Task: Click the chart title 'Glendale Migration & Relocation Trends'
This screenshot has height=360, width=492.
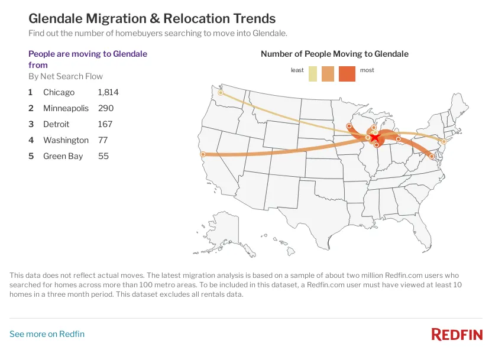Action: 152,19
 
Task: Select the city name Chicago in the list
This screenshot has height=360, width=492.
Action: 59,92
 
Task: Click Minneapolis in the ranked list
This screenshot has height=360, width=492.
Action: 66,108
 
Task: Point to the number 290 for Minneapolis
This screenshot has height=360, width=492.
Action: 105,108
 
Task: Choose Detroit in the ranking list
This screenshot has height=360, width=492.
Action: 56,124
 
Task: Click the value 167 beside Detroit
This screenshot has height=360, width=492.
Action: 105,124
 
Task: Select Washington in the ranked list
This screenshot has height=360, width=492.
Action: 66,140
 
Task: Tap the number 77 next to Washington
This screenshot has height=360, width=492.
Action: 102,140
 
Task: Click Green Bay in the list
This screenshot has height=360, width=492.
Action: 63,156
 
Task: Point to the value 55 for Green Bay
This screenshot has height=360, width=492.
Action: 103,156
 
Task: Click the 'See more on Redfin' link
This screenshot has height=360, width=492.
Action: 47,334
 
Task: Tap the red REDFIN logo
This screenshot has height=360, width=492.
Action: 457,335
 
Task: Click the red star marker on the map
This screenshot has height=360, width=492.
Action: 375,137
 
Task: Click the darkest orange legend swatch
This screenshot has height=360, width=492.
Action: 347,74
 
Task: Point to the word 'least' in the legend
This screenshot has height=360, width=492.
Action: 297,70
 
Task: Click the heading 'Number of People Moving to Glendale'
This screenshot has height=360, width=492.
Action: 334,54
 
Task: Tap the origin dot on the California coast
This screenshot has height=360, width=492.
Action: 203,154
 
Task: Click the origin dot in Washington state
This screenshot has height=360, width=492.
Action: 221,93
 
